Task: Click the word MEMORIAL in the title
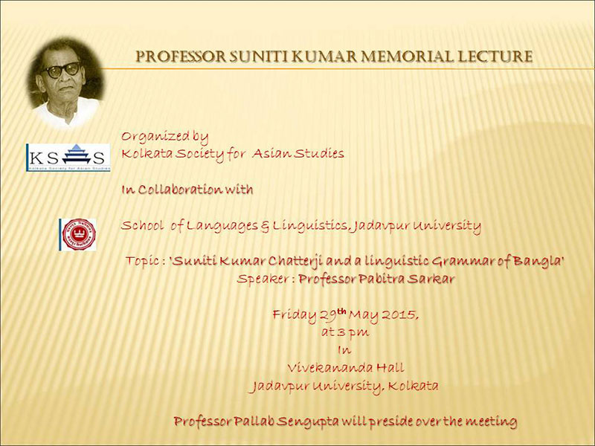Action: pos(406,56)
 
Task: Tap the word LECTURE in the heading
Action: pos(495,56)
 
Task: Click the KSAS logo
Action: pos(68,158)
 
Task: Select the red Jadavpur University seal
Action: pos(78,234)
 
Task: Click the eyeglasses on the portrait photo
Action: pos(63,70)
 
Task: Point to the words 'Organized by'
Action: pos(164,137)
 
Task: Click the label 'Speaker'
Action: pos(263,279)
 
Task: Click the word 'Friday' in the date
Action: pos(295,314)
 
